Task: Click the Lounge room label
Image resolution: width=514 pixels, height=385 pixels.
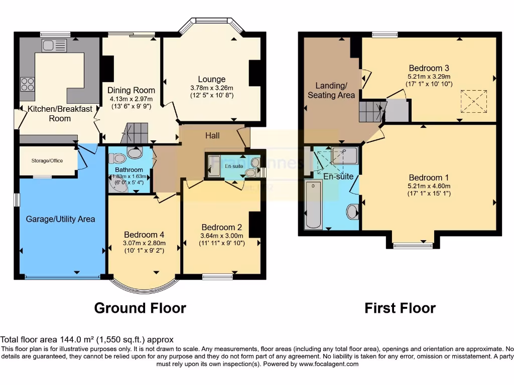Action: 211,79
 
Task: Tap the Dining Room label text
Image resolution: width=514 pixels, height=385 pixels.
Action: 132,90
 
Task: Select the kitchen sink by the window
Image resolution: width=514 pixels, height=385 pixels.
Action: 51,46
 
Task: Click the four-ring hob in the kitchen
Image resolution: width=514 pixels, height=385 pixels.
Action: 27,84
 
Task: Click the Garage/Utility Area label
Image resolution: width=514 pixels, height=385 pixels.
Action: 60,219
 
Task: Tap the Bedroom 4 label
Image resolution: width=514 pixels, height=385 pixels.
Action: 144,235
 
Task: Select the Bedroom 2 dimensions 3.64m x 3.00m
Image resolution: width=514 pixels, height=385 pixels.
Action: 221,236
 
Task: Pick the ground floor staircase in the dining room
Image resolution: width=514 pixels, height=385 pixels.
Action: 134,133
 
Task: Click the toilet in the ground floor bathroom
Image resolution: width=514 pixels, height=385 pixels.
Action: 135,152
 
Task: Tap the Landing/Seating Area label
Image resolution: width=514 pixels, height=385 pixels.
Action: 331,90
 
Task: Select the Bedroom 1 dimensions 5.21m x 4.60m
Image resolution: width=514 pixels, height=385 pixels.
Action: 429,186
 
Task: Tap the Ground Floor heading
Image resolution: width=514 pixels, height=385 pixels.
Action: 140,308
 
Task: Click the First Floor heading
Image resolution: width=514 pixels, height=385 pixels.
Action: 400,308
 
